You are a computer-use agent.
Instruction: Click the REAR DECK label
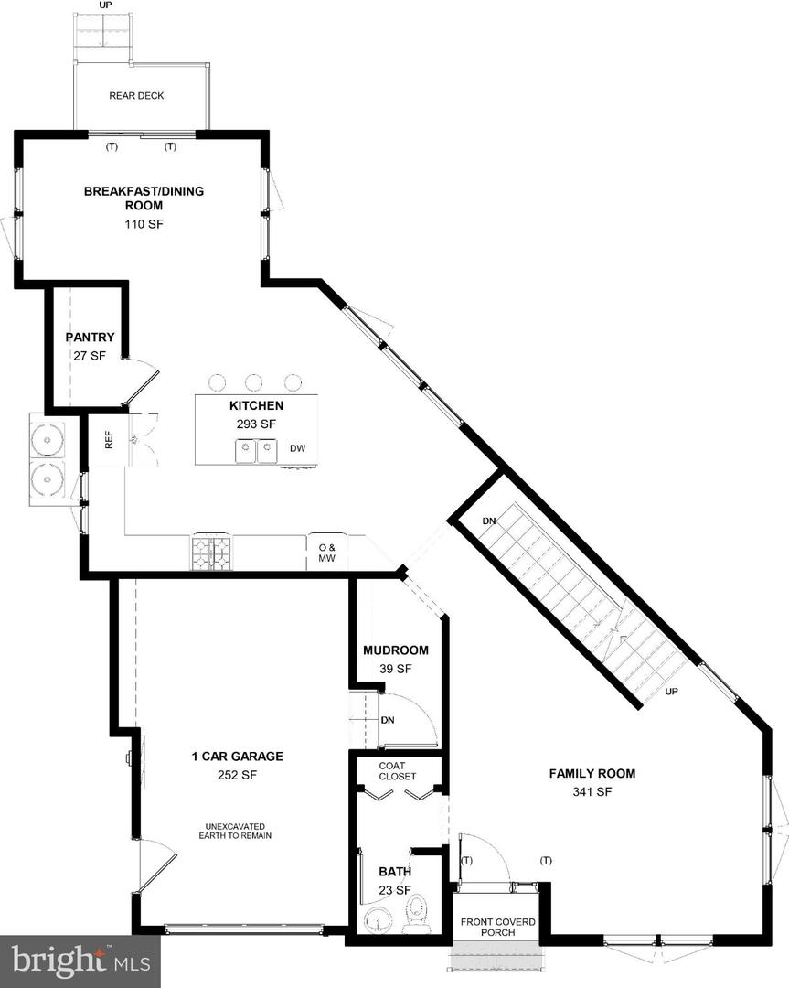point(136,96)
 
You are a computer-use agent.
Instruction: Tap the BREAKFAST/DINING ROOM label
point(144,199)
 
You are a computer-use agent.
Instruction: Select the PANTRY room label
point(90,338)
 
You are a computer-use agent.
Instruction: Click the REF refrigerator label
point(109,440)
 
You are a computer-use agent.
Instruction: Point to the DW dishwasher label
point(297,448)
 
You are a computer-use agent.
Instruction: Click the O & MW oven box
point(326,553)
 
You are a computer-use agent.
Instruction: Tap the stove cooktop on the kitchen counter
point(211,553)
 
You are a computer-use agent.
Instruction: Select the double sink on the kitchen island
point(256,451)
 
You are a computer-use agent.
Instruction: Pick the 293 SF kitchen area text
point(256,424)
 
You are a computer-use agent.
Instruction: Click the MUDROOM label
point(395,650)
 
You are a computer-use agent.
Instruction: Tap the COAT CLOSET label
point(398,771)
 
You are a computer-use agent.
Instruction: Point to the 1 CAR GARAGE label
point(237,757)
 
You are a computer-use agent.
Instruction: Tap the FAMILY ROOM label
point(592,774)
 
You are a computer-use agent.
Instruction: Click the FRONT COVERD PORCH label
point(497,927)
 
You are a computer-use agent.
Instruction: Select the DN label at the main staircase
point(489,521)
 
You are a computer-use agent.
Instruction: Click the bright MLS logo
point(80,961)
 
